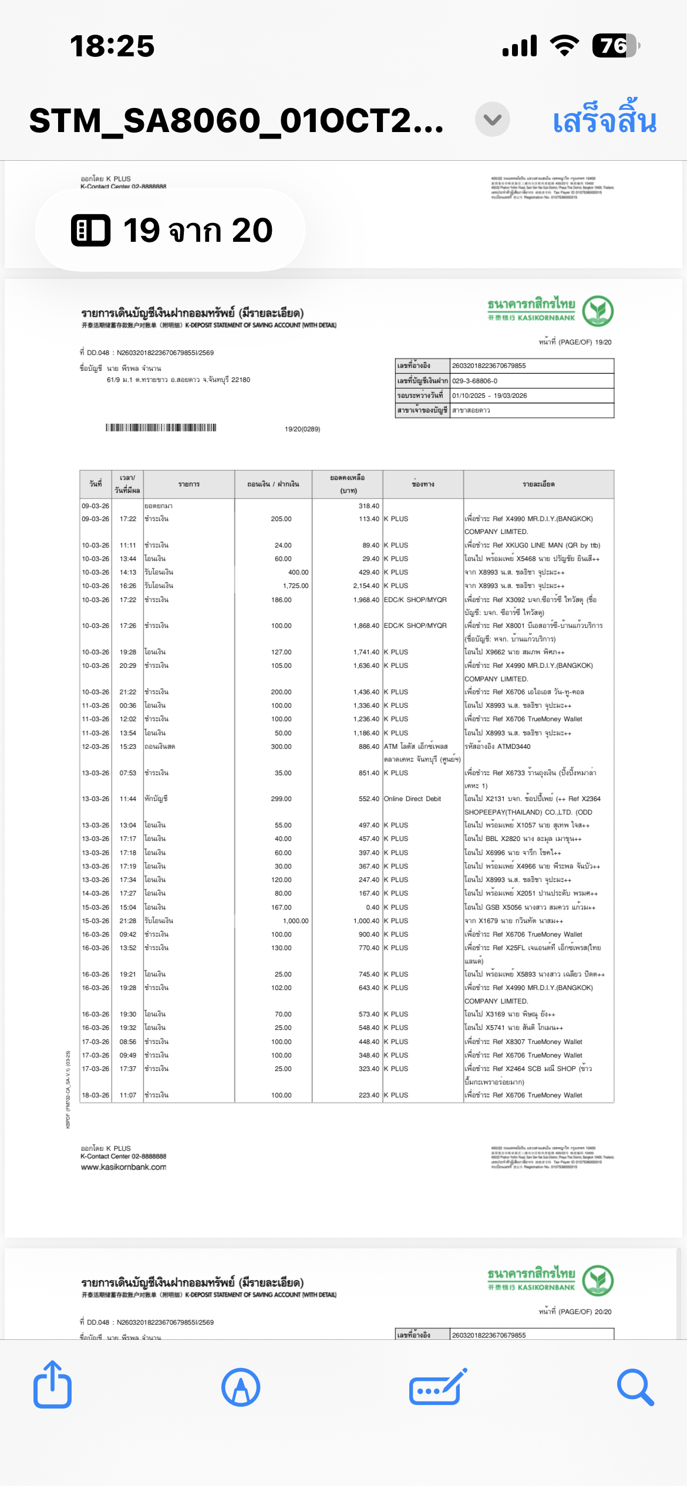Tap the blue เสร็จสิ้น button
point(604,120)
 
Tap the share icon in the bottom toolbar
point(52,1386)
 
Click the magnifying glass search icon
point(635,1387)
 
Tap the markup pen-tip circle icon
point(241,1387)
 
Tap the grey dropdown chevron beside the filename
point(492,120)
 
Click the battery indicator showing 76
point(615,46)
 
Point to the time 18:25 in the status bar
point(112,46)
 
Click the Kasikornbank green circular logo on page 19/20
point(598,311)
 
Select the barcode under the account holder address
point(161,427)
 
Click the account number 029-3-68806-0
point(474,381)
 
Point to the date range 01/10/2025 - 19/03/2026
point(489,396)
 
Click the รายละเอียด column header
point(538,484)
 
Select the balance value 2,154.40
point(366,586)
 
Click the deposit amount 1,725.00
point(295,586)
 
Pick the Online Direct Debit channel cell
point(412,799)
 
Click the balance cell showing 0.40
point(372,907)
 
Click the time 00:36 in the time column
point(128,705)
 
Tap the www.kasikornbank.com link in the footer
point(123,1167)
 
